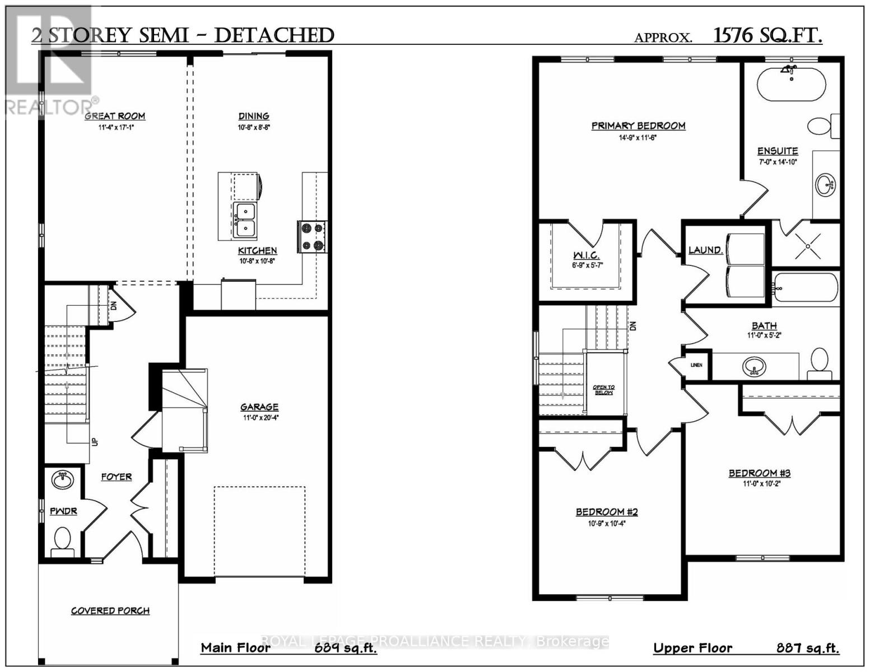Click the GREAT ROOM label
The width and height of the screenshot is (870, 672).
pos(115,116)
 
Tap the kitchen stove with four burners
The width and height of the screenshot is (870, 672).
pos(312,236)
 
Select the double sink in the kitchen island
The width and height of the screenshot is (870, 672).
pos(245,220)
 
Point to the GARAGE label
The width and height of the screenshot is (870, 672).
pos(259,407)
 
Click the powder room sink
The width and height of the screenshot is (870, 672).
pos(62,480)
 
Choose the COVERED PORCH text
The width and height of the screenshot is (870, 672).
pos(110,610)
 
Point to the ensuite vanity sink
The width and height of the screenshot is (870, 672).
pos(825,184)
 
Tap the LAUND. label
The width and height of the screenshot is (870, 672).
pos(705,250)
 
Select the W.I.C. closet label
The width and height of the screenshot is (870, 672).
pos(586,255)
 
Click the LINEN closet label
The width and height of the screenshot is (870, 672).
pos(696,365)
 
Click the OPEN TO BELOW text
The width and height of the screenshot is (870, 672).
pos(604,390)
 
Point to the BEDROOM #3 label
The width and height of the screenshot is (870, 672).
pos(760,473)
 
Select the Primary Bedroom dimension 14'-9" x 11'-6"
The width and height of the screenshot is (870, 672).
pos(638,138)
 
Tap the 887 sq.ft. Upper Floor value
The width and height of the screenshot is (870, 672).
pos(807,648)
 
